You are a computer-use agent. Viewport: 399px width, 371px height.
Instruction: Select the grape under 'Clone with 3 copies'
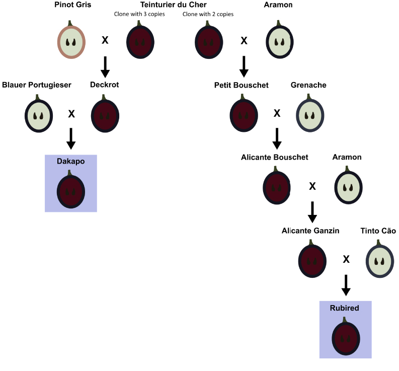click(140, 42)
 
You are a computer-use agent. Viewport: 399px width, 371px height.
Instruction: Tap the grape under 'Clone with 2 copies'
click(209, 42)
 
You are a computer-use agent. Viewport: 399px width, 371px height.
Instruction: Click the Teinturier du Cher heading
click(173, 5)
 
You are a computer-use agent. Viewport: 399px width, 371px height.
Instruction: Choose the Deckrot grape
click(105, 115)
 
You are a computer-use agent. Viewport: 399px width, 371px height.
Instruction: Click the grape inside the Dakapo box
click(71, 191)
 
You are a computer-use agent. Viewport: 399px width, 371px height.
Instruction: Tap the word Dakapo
click(71, 161)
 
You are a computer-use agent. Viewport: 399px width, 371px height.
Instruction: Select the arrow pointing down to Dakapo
click(71, 138)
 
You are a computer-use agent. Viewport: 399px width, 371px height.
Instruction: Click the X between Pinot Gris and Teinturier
click(105, 40)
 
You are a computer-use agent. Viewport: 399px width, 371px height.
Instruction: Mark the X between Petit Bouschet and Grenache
click(277, 113)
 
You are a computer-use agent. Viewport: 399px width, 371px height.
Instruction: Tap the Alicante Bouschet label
click(274, 157)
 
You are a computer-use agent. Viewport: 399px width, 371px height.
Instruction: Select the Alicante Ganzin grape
click(312, 261)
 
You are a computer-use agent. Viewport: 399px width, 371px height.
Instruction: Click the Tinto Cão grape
click(379, 261)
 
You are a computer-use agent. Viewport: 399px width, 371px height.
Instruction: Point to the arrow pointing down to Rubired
click(346, 284)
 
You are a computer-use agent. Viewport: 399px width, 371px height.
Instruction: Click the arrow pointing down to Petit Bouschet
click(244, 66)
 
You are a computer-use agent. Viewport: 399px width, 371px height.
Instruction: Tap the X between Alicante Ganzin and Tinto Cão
click(346, 259)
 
